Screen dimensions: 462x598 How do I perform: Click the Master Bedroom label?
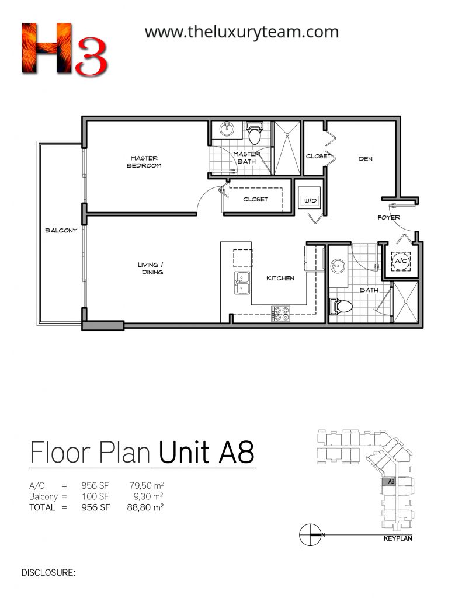pos(144,162)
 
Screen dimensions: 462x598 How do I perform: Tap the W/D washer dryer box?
pos(310,200)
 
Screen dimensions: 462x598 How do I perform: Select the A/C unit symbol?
pos(401,261)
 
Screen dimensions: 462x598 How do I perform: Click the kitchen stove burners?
pos(280,314)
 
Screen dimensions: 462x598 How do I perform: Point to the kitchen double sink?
pos(242,283)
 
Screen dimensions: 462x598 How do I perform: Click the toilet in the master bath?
pos(253,132)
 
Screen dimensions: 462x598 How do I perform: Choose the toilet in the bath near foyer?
pos(341,307)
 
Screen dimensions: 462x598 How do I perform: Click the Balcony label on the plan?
pos(61,230)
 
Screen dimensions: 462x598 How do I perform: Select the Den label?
pos(366,159)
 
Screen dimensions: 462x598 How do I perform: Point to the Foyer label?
pos(389,217)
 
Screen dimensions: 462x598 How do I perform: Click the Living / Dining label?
pos(151,268)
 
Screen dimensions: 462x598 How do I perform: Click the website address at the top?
pos(241,32)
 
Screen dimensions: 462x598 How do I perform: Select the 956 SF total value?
pos(95,507)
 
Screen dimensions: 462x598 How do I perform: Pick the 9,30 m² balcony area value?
pos(146,496)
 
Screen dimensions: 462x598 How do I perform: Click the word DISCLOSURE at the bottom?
pos(48,573)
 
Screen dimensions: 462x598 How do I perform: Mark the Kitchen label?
pos(280,279)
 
